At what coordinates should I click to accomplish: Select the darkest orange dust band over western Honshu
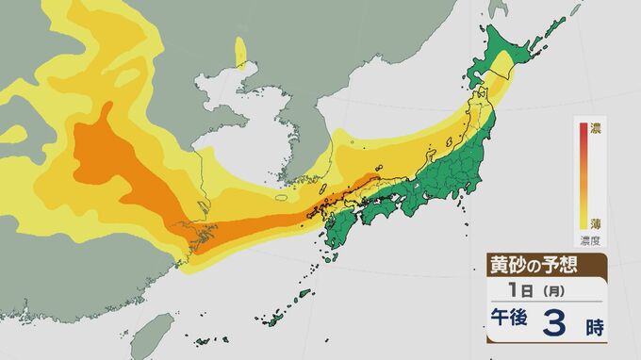coord(339,188)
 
